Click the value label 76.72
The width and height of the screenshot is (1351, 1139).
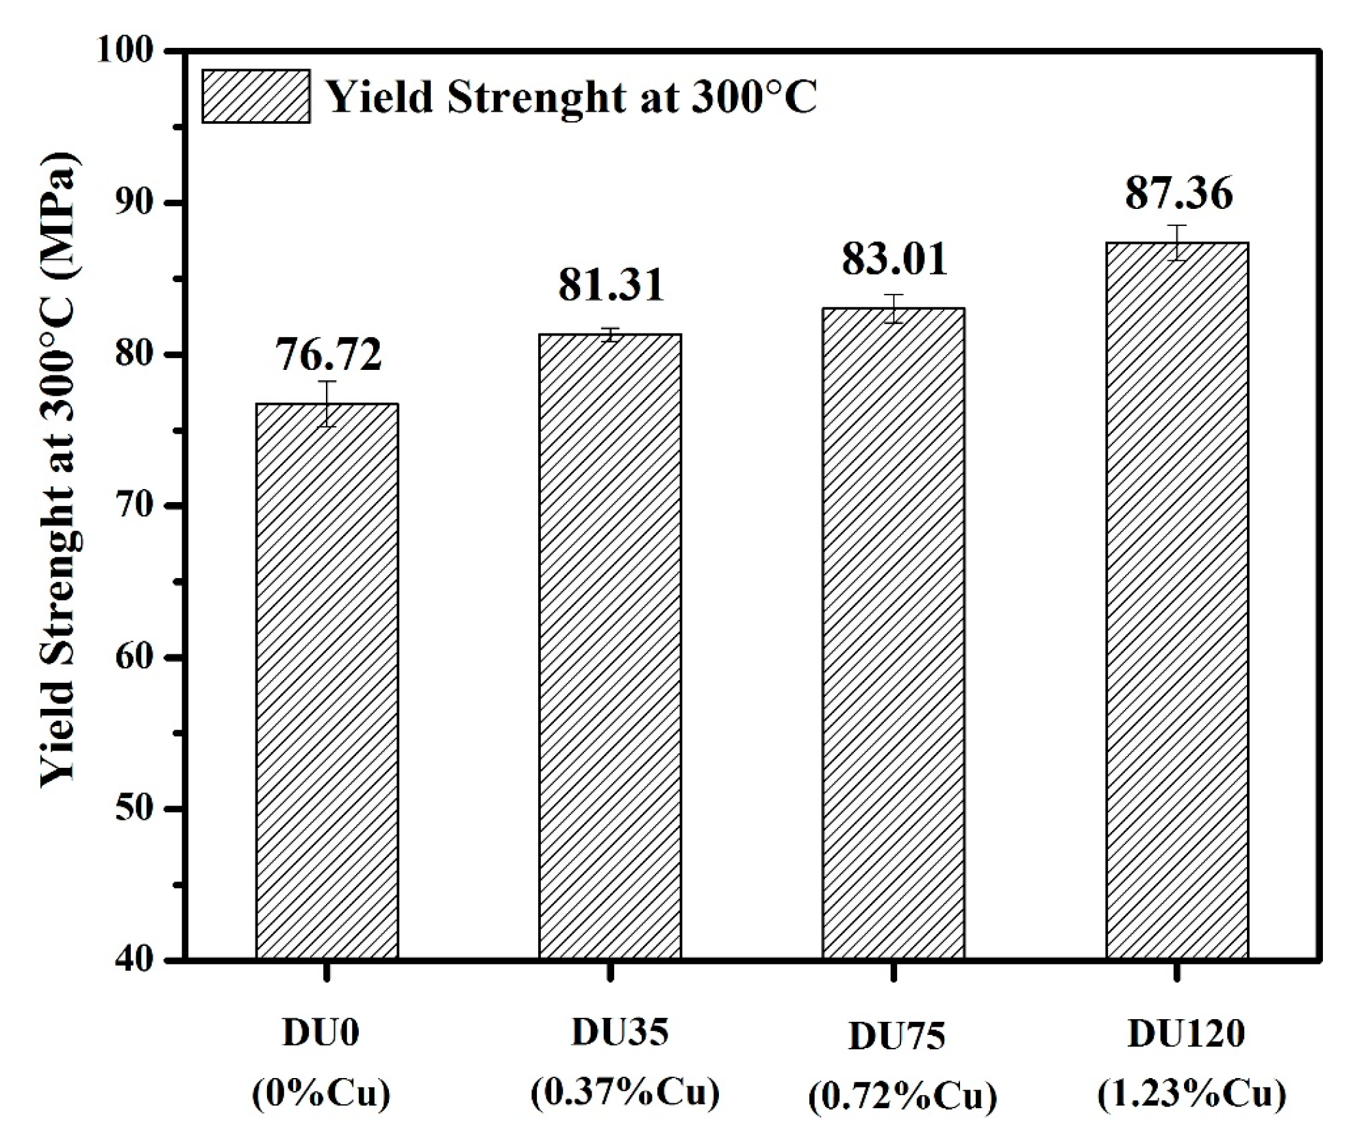[328, 355]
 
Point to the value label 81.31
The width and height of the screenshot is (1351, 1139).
[611, 285]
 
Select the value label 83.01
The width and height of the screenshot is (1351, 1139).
[894, 259]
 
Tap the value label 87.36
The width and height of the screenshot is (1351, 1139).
[1178, 193]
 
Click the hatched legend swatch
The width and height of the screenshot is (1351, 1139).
[256, 97]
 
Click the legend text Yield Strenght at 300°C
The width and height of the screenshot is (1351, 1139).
[570, 97]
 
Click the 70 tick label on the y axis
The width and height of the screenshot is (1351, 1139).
[133, 505]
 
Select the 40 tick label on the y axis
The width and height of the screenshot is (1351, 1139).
[133, 960]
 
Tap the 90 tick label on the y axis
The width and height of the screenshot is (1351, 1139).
[133, 203]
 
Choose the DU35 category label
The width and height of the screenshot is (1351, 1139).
[620, 1032]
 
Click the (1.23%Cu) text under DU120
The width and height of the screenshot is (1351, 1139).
[1191, 1094]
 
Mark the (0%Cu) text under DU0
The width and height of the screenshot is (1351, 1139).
[321, 1094]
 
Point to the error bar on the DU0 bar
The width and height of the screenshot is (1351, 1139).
[327, 403]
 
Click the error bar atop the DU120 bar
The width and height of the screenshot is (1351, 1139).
[1176, 242]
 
